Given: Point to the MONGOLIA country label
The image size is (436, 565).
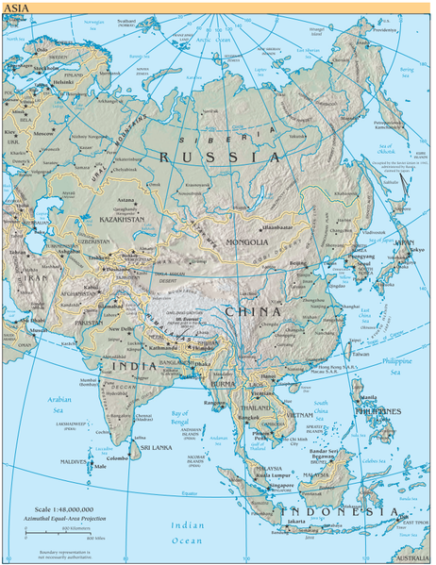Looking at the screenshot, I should [x=248, y=241].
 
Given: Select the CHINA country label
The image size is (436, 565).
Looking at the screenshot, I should [x=252, y=311].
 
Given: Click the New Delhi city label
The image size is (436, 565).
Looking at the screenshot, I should [x=121, y=328].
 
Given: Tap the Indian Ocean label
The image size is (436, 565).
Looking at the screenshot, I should [x=185, y=531].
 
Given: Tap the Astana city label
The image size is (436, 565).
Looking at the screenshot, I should [x=124, y=200].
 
